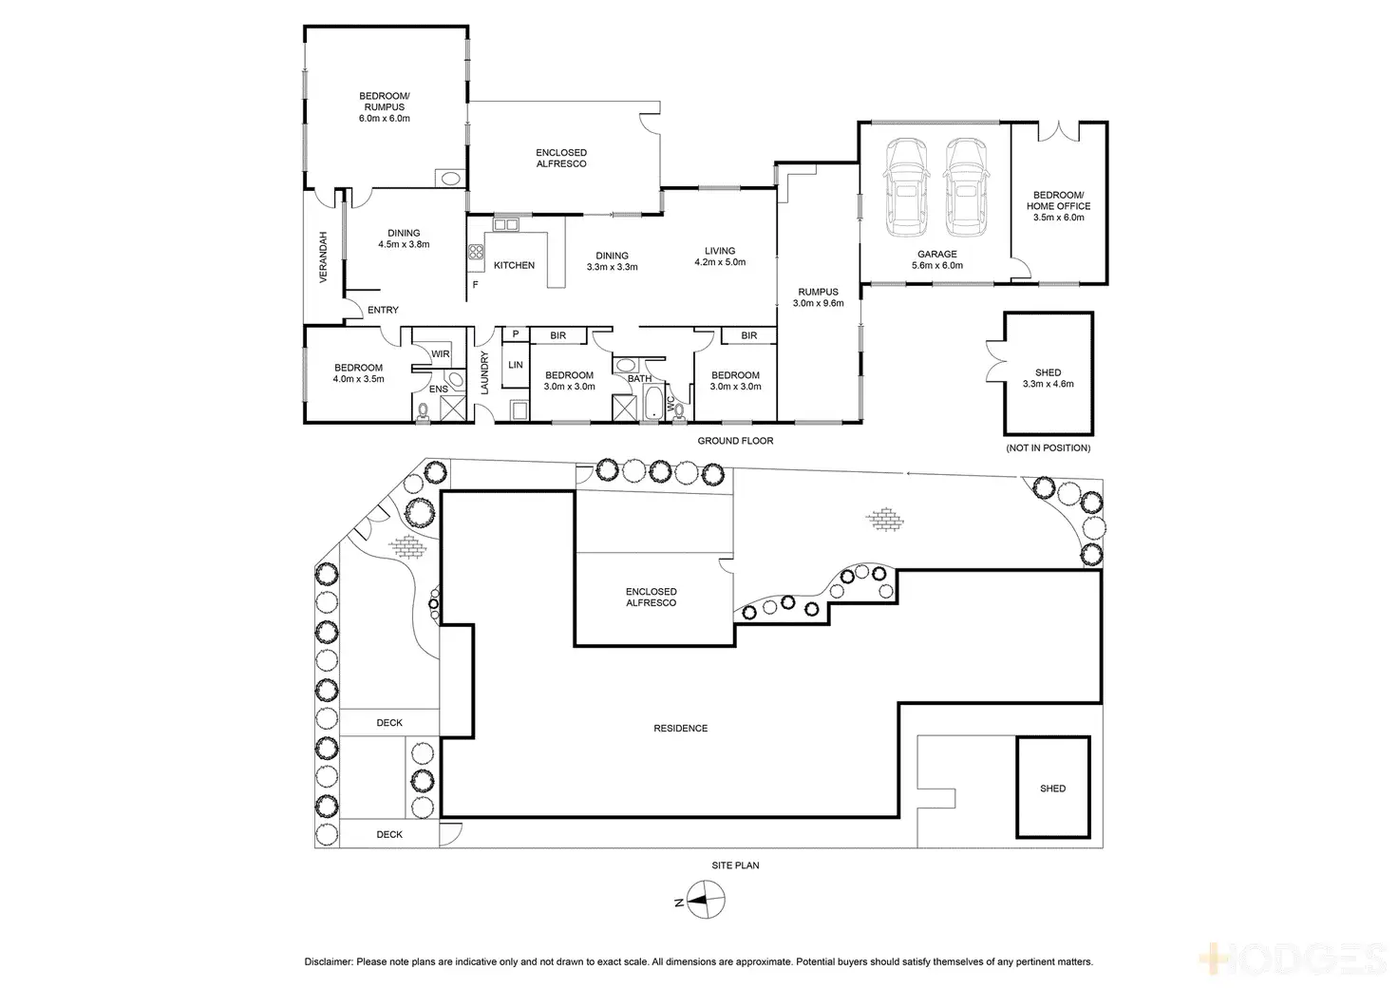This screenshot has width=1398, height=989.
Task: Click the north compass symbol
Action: (706, 900)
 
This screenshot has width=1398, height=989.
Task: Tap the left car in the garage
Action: (906, 187)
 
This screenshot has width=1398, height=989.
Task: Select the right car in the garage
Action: (965, 187)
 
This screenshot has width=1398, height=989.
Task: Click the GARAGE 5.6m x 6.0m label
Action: (936, 259)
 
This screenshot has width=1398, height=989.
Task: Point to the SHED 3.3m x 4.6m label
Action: (1048, 378)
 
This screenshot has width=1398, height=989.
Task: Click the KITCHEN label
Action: (514, 265)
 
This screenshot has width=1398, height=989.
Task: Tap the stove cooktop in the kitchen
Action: (476, 252)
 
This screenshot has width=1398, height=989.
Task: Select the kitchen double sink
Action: (505, 225)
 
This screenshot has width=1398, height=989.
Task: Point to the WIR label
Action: (441, 354)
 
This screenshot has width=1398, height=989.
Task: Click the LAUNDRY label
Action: (484, 372)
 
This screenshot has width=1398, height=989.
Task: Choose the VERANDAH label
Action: (323, 257)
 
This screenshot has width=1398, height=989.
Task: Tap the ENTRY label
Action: (383, 310)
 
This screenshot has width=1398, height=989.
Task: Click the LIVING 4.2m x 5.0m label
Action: (720, 257)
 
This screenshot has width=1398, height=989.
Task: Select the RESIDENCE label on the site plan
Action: (680, 728)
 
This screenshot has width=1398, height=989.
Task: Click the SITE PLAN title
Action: (735, 865)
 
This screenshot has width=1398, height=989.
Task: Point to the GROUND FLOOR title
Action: (735, 441)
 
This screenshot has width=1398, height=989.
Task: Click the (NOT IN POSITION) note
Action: (1048, 447)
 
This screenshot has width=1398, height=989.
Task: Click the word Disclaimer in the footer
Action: (329, 961)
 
